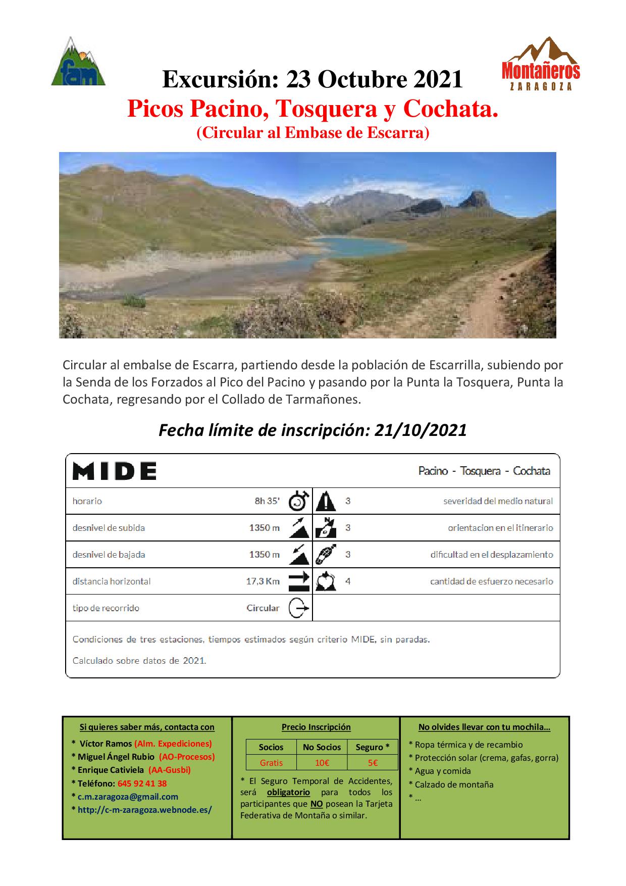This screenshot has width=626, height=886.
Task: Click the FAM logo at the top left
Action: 78,62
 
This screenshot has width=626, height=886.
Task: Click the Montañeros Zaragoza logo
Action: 541,64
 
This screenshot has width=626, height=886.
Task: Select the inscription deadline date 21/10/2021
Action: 421,430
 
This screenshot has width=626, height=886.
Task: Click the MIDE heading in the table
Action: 115,471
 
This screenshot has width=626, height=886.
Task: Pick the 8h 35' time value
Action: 267,501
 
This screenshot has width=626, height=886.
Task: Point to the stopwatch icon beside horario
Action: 298,501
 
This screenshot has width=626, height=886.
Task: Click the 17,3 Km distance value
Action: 263,581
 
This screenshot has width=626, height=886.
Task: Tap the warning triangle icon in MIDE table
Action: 326,501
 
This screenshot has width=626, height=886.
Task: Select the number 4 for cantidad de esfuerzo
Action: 348,581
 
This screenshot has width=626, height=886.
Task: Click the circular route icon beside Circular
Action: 298,608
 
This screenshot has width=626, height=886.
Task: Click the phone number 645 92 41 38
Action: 142,783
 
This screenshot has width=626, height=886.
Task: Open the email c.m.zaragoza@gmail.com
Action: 128,797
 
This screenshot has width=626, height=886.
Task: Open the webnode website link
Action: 144,810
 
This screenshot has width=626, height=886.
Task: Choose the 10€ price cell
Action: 322,763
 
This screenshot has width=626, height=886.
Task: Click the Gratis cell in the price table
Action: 271,763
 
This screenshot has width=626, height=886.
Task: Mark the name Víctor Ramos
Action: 106,744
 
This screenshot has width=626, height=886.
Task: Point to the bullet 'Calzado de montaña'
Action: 454,784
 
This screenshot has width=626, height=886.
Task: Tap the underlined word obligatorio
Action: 288,792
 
